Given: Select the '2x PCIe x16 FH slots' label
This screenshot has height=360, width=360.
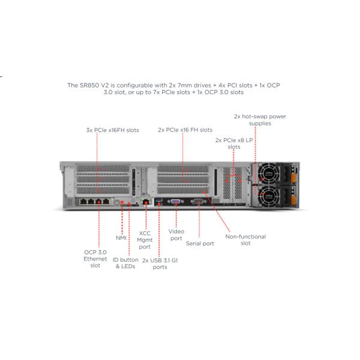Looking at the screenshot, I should [x=185, y=130].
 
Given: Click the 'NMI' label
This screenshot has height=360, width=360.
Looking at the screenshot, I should [x=121, y=238].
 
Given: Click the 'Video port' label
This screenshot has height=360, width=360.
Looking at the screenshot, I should [x=176, y=234].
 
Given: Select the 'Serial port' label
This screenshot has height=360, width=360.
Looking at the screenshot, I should [x=200, y=243].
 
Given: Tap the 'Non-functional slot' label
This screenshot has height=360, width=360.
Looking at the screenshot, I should [x=245, y=239].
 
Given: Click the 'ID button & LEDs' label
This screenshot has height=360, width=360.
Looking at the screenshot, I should [x=125, y=263].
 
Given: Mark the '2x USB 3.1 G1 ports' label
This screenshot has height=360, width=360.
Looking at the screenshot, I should [x=159, y=263].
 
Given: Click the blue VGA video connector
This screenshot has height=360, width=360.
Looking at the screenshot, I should [x=176, y=202].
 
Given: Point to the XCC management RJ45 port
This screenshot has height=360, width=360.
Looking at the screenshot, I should [x=145, y=202].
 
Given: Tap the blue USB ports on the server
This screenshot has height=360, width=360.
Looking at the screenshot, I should [x=158, y=201].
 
